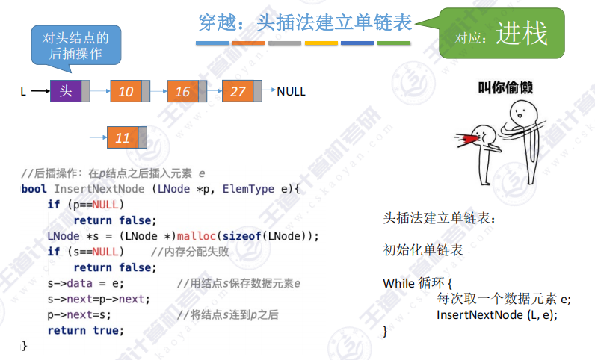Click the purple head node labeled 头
66,91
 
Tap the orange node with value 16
182,91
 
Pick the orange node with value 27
238,91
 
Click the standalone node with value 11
123,137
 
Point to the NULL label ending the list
291,92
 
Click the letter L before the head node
23,92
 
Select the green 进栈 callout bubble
502,33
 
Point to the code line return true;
85,330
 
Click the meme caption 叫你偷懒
505,88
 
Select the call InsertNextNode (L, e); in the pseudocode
497,314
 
